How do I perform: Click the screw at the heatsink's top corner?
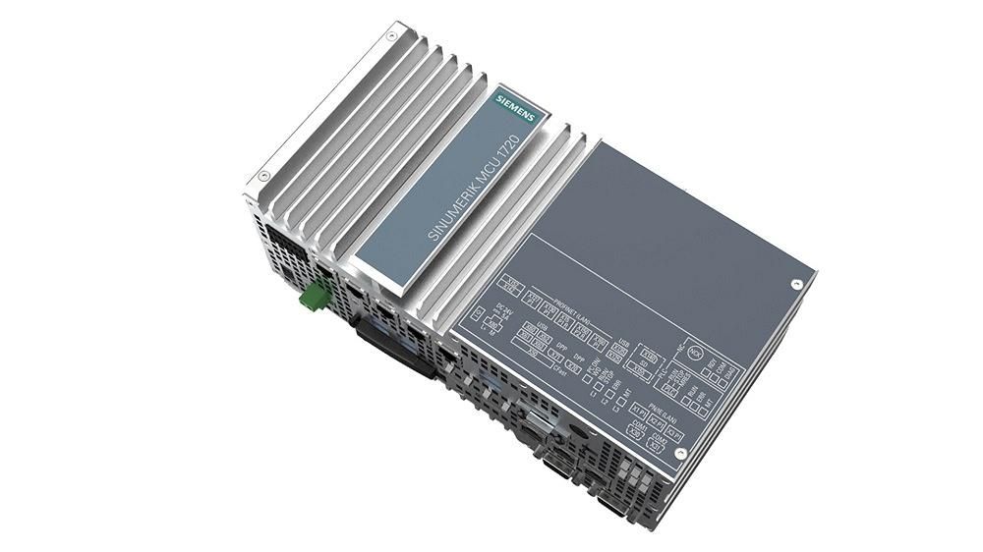[x=392, y=35]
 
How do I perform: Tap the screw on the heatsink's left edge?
[x=263, y=176]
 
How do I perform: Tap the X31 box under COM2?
[x=657, y=444]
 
